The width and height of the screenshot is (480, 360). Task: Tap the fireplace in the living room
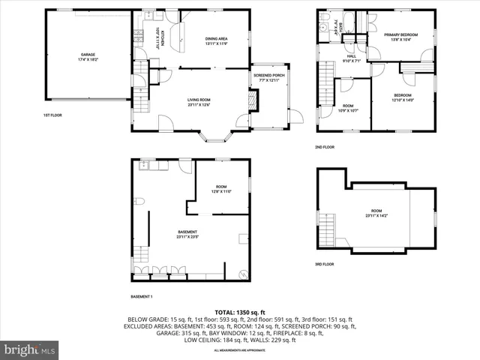pos(253,99)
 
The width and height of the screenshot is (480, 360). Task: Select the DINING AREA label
pos(216,40)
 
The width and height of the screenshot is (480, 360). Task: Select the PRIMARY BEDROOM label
pos(400,35)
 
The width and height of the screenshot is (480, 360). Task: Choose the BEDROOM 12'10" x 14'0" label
pos(403,97)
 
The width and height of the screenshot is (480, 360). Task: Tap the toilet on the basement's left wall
pos(139,201)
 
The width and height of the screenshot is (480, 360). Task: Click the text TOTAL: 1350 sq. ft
pos(240,311)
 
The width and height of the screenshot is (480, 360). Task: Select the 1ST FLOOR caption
pos(52,115)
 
